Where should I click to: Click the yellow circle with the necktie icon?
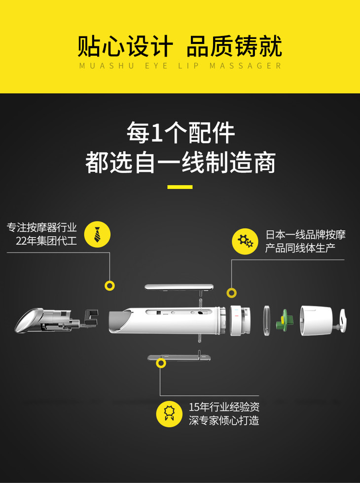[x=97, y=234]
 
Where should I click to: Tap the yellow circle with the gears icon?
[x=245, y=241]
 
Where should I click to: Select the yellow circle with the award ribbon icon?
[x=169, y=414]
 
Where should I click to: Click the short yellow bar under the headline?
[x=180, y=187]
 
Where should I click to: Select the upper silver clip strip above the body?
[x=179, y=287]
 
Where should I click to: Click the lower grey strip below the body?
[x=179, y=357]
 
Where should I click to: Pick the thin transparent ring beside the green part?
[x=266, y=321]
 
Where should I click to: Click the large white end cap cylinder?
[x=316, y=321]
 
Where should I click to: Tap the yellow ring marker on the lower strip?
[x=160, y=363]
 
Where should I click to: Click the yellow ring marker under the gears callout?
[x=231, y=293]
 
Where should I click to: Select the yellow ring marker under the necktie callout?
[x=109, y=286]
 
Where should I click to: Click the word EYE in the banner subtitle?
[x=156, y=66]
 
